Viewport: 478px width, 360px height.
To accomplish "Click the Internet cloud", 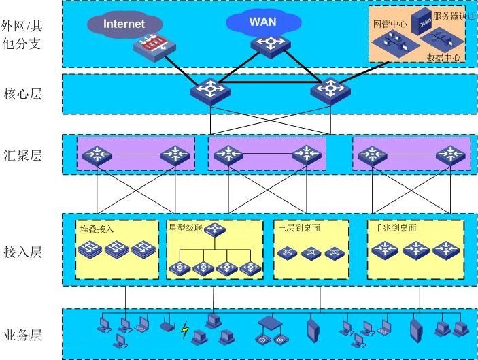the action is (x=124, y=24).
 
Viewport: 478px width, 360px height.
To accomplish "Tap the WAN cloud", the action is (x=263, y=22).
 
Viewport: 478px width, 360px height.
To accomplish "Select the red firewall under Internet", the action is (x=154, y=48).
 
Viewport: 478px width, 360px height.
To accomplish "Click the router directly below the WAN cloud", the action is (x=271, y=46).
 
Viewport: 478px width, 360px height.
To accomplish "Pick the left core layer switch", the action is (x=210, y=91).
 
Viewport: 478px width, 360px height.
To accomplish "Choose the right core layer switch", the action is (x=330, y=91).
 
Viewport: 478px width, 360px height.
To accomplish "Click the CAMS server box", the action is (x=422, y=22).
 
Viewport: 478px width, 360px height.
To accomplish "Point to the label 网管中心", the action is (x=390, y=24).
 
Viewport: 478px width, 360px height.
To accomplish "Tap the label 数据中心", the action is (x=443, y=56).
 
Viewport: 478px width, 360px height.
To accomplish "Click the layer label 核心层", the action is (x=22, y=94).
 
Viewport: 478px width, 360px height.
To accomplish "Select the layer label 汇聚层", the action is (x=22, y=155).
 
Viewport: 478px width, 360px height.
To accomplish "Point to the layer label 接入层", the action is (x=22, y=252).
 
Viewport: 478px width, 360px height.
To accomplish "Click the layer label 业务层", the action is (x=22, y=335).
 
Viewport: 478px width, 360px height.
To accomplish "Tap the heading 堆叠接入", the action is (x=97, y=229).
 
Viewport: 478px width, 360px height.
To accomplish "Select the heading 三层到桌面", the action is (x=299, y=227).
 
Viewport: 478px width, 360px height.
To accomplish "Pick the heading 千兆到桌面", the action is (x=395, y=227).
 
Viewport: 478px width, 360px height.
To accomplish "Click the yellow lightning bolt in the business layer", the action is (x=185, y=329).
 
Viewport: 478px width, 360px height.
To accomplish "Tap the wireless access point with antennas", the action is (x=167, y=325).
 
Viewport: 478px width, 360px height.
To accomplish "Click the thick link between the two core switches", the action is (x=270, y=82).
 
